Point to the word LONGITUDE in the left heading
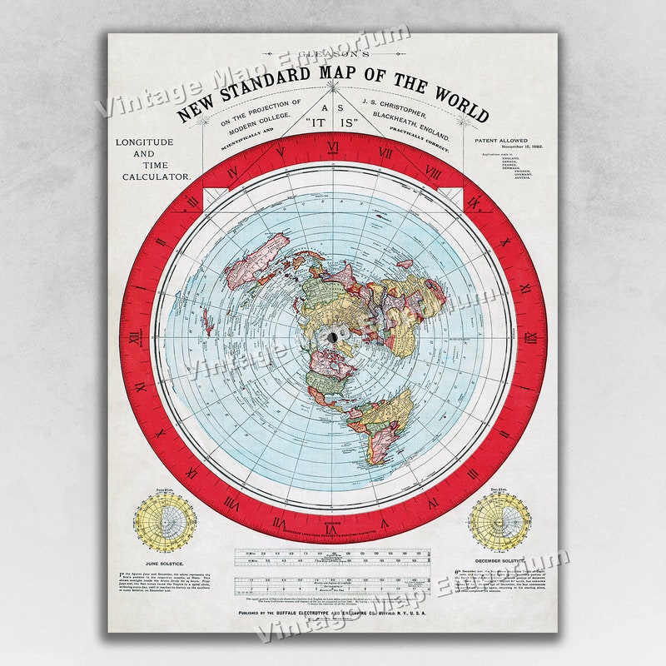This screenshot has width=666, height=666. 145,142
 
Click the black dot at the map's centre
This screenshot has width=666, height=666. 333,337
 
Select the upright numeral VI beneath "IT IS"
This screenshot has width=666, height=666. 332,150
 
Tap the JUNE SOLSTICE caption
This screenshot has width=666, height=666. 165,563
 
